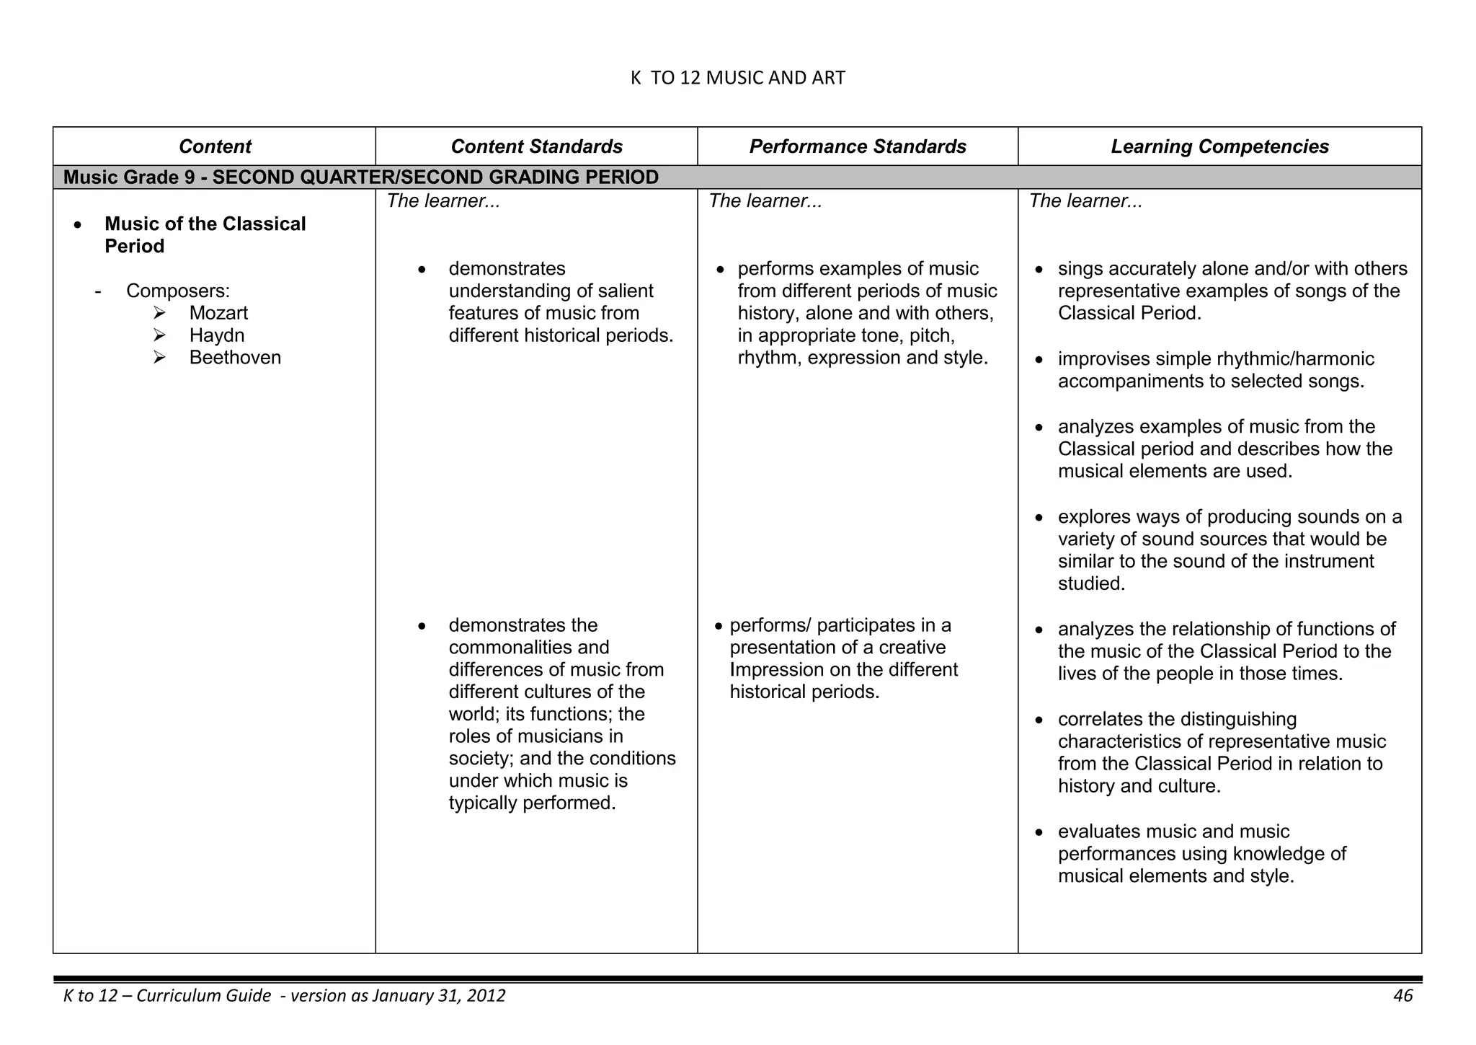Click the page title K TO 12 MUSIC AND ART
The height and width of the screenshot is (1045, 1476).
pyautogui.click(x=737, y=78)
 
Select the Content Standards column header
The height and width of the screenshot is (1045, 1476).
pyautogui.click(x=536, y=146)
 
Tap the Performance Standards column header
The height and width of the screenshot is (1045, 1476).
pyautogui.click(x=858, y=146)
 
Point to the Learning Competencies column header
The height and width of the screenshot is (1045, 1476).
pyautogui.click(x=1219, y=146)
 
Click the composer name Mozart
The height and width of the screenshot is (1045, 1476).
pyautogui.click(x=218, y=313)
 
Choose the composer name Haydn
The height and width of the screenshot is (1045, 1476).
pyautogui.click(x=217, y=335)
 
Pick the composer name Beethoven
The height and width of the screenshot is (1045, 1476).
pyautogui.click(x=235, y=358)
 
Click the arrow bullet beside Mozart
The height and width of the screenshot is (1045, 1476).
pyautogui.click(x=159, y=313)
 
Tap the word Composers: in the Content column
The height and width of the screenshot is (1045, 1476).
pyautogui.click(x=178, y=291)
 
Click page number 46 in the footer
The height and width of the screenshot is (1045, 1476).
pyautogui.click(x=1402, y=996)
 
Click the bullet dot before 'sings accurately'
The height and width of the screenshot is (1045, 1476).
pyautogui.click(x=1039, y=270)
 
